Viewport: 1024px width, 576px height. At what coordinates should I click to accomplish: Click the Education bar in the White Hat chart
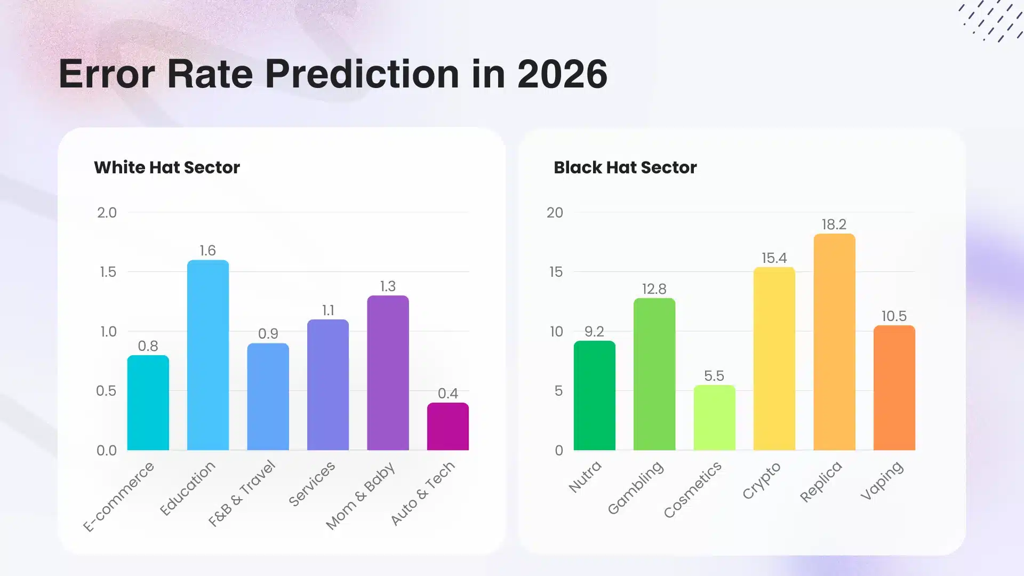[208, 355]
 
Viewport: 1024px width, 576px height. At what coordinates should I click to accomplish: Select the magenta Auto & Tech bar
[448, 427]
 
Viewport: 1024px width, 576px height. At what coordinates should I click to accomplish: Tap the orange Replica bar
[834, 341]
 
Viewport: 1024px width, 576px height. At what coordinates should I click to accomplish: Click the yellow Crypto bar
[774, 358]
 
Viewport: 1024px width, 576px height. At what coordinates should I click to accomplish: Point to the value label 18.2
[834, 225]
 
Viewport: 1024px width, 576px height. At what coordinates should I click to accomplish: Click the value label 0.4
[448, 394]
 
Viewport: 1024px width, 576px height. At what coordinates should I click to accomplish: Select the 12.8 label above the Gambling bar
[654, 289]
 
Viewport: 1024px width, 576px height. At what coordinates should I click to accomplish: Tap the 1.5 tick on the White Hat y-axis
[108, 272]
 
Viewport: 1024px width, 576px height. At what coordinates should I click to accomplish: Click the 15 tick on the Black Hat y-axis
[556, 272]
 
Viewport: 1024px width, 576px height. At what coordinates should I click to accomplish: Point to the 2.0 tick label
[107, 213]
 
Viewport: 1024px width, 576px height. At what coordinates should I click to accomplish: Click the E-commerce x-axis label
[119, 497]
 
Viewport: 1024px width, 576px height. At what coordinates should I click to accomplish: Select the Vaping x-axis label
[882, 481]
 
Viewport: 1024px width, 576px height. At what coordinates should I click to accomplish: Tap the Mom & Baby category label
[361, 495]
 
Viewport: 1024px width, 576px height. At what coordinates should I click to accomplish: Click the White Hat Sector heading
[167, 167]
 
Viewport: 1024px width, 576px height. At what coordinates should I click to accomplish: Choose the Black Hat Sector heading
[625, 167]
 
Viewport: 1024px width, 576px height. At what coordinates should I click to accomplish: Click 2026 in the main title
[562, 74]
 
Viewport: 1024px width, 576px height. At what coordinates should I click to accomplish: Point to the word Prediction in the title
[362, 74]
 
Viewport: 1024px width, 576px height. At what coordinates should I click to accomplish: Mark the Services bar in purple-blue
[328, 385]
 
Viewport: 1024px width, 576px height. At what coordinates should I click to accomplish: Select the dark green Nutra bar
[594, 395]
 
